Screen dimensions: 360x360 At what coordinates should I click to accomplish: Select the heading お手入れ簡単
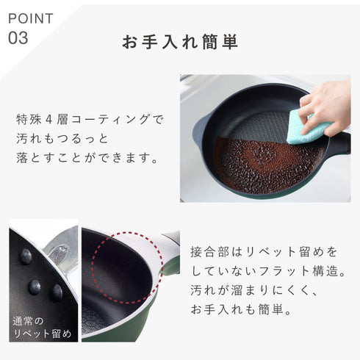[x=180, y=42]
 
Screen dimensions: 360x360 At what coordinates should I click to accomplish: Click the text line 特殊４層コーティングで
[x=90, y=118]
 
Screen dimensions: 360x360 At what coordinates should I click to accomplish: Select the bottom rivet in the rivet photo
[x=56, y=292]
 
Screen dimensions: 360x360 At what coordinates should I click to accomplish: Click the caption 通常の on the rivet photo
[x=29, y=321]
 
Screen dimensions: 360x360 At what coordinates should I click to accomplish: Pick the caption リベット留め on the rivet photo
[x=42, y=335]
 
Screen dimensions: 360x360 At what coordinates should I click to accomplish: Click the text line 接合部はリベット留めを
[x=258, y=251]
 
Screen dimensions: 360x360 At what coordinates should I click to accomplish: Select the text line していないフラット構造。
[x=267, y=270]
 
